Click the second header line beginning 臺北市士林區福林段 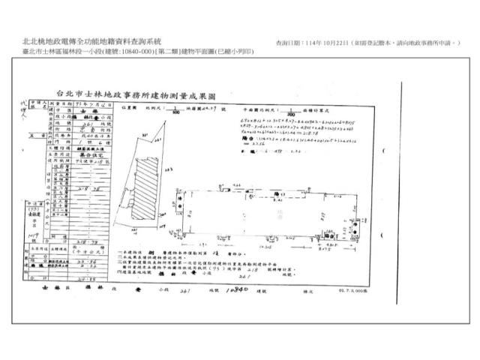(x=112, y=52)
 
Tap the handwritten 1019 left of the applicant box (x=32, y=234)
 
